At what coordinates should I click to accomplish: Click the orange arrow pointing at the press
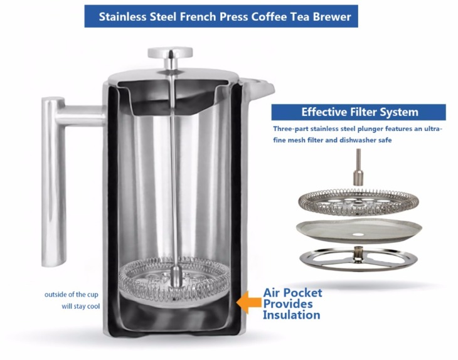point(248,302)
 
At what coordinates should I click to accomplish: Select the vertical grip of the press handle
point(53,182)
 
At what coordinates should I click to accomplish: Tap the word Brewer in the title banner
point(332,17)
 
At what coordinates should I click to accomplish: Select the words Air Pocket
point(292,292)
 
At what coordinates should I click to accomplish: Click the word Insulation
point(291,315)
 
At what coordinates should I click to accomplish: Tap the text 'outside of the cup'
point(72,295)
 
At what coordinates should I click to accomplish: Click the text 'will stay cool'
point(80,307)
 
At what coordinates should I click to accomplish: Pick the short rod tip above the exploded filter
point(358,167)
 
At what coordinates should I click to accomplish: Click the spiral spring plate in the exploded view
point(358,202)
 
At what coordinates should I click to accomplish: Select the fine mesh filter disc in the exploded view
point(359,231)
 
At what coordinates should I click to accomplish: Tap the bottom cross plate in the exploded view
point(358,258)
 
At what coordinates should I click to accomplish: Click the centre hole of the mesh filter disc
point(358,235)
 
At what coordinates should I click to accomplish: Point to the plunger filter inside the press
point(174,282)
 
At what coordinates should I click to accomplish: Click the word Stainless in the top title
point(123,17)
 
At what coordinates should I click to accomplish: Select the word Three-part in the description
point(290,129)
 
